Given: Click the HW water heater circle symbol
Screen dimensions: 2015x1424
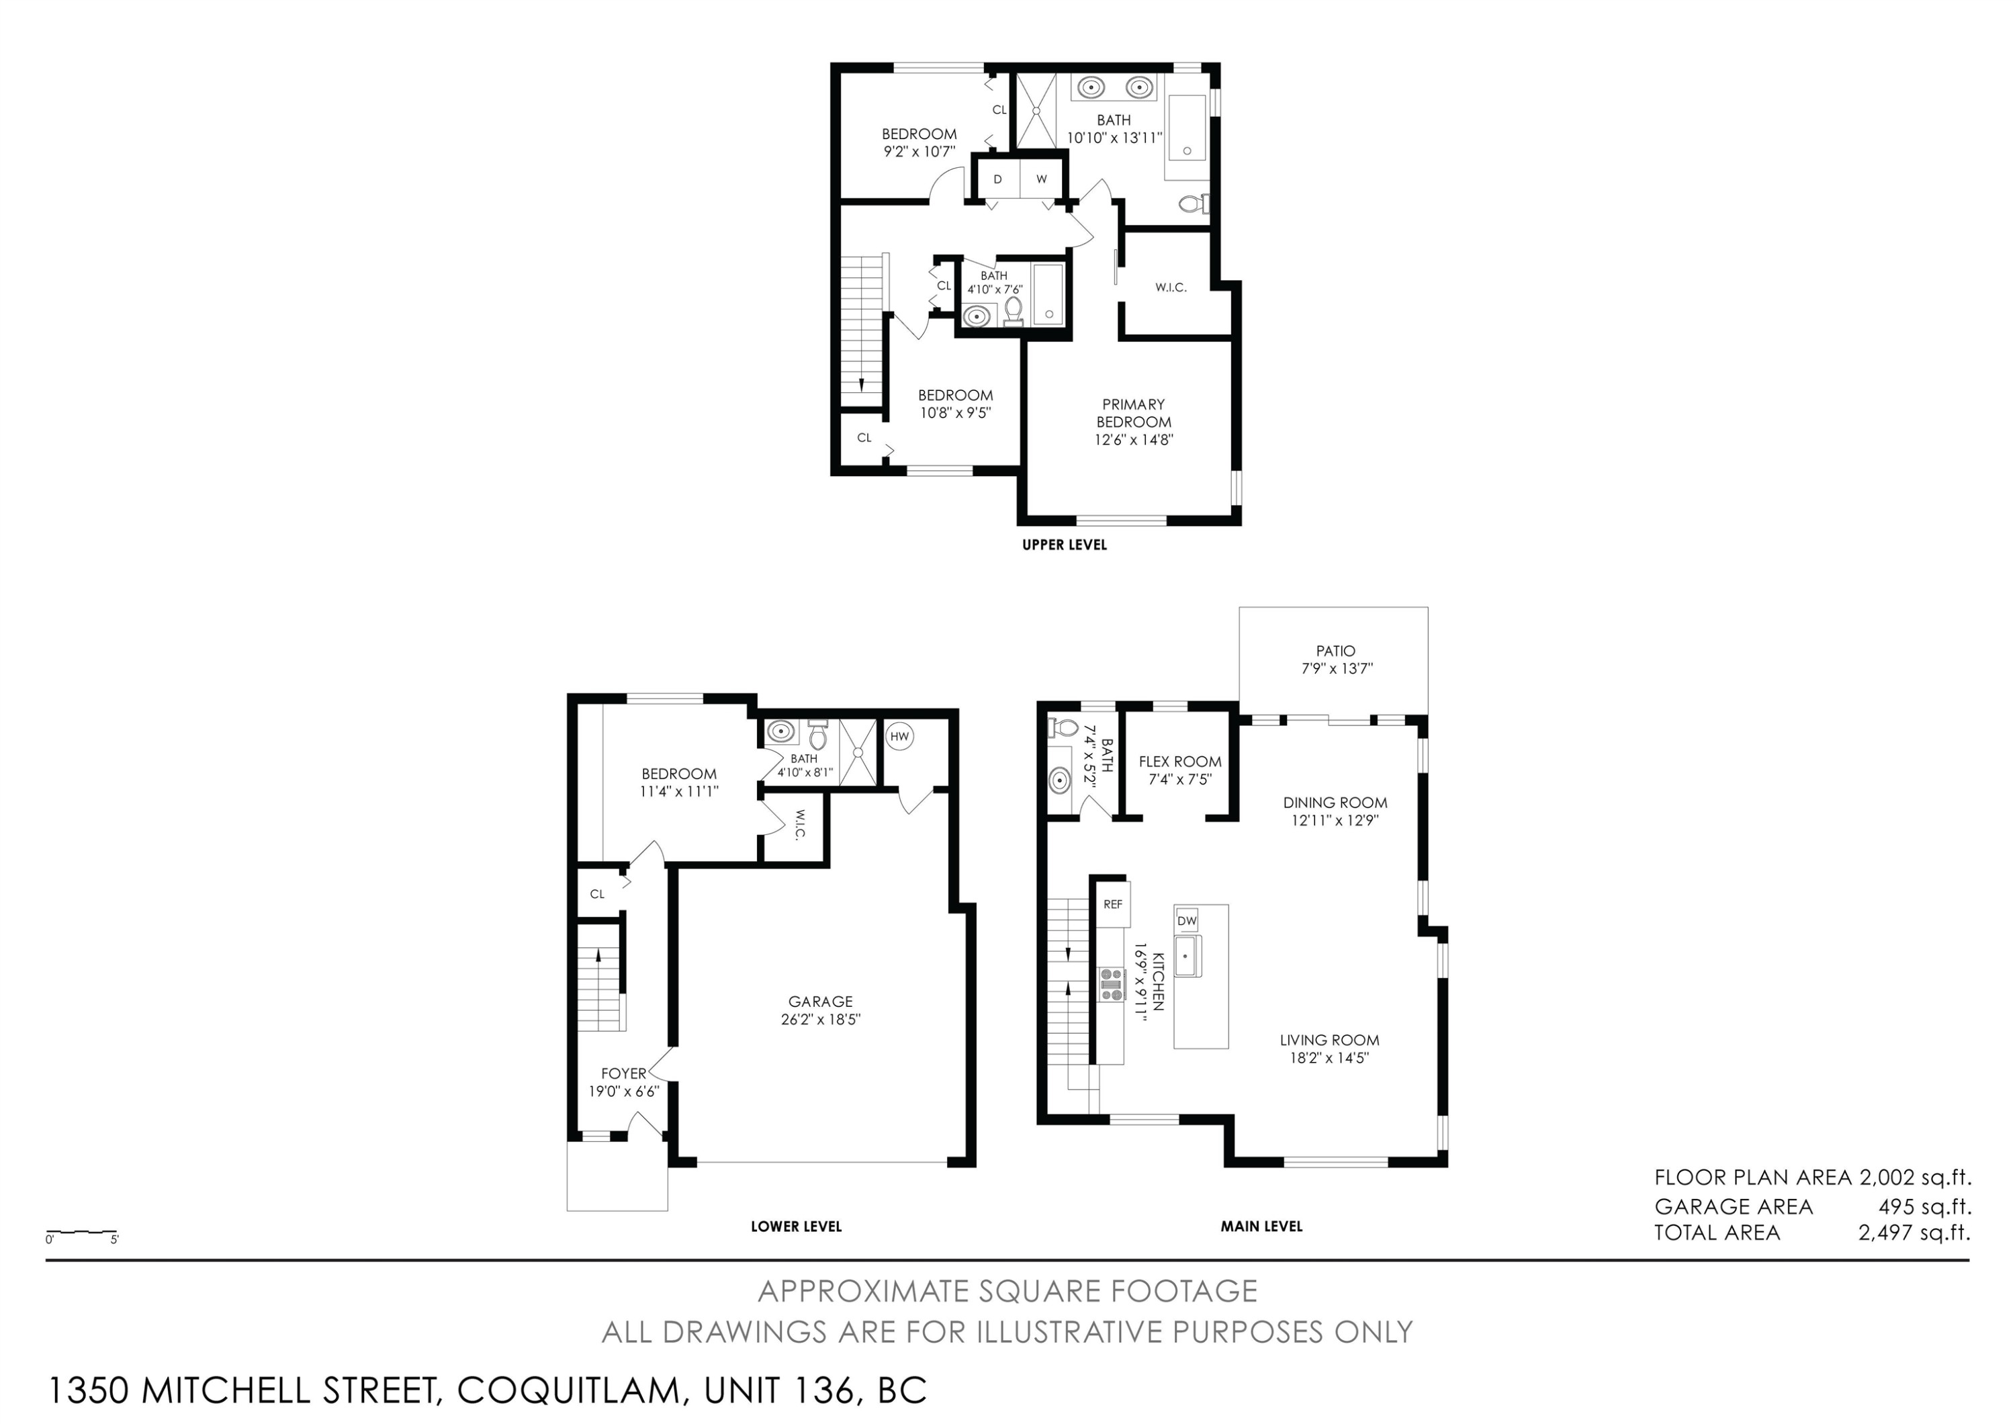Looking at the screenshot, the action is tap(899, 736).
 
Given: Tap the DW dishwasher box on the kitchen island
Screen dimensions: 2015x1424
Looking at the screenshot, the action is tap(1187, 920).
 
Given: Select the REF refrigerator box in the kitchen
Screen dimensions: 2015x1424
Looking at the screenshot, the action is tap(1113, 903).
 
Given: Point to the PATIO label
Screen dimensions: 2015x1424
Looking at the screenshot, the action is tap(1335, 651).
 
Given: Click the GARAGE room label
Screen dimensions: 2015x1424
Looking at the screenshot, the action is tap(821, 1001).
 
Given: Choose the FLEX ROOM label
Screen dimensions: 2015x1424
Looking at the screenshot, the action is tap(1179, 762).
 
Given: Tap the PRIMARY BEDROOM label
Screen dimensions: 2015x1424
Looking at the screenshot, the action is tap(1134, 413).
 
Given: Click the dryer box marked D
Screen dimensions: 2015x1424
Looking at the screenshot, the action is tap(998, 179).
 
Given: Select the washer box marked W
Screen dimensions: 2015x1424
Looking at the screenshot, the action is tap(1042, 179).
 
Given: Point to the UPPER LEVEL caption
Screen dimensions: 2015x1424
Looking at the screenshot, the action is tap(1065, 545).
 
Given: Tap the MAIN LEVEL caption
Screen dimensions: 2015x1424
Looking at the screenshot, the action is tap(1261, 1227).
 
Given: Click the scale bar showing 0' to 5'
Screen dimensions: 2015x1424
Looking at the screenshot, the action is tap(82, 1233).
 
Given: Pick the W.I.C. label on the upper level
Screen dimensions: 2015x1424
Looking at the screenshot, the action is tap(1171, 287).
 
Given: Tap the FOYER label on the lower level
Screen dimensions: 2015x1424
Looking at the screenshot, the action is tap(623, 1073).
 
